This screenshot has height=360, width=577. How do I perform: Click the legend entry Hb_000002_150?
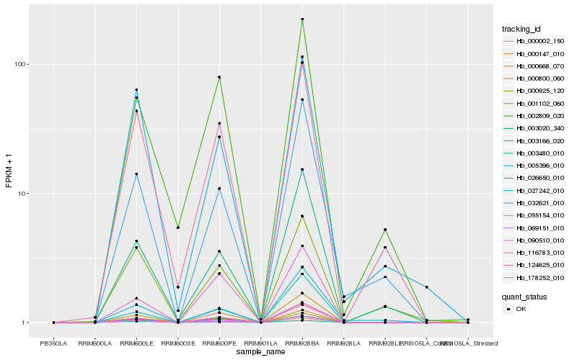pyautogui.click(x=534, y=41)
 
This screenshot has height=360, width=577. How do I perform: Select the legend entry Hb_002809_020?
pyautogui.click(x=534, y=116)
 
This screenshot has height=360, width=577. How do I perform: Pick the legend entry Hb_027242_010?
pyautogui.click(x=534, y=191)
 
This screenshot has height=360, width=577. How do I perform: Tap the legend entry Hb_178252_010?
pyautogui.click(x=534, y=278)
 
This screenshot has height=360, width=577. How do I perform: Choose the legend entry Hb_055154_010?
pyautogui.click(x=534, y=216)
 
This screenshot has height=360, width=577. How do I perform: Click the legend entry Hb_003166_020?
pyautogui.click(x=534, y=140)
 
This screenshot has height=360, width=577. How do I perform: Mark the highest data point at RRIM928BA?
pyautogui.click(x=302, y=19)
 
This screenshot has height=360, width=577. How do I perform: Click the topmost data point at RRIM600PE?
pyautogui.click(x=219, y=77)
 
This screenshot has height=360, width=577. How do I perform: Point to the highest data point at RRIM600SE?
pyautogui.click(x=178, y=228)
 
